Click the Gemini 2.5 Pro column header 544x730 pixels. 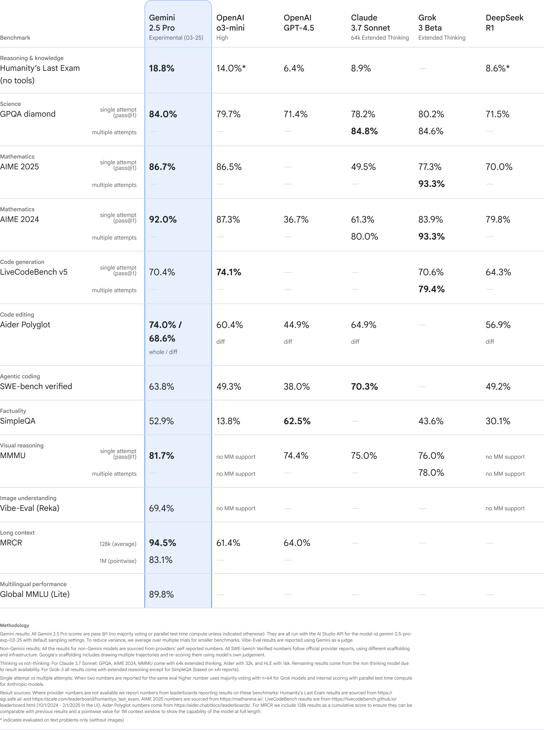coord(162,23)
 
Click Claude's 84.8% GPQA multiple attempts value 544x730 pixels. coord(364,131)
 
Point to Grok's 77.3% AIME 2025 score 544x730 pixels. coord(430,167)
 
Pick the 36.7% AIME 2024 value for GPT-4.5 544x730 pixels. coord(296,219)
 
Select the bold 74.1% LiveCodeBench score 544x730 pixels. coord(229,272)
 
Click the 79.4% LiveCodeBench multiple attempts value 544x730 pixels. coord(432,289)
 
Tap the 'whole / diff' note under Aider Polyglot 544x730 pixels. coord(163,352)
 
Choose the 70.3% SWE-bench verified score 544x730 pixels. coord(364,387)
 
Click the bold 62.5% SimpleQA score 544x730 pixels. coord(297,421)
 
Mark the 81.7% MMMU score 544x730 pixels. coord(161,456)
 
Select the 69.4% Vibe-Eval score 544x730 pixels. coord(161,508)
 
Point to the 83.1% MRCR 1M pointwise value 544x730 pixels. coord(161,560)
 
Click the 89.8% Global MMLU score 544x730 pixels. coord(161,594)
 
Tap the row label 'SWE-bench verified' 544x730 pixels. coord(36,387)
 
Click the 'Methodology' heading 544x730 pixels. coord(14,625)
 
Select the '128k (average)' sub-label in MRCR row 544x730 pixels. coord(118,544)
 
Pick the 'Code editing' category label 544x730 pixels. coord(17,315)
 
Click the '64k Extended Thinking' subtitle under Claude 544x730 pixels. coord(380,38)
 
